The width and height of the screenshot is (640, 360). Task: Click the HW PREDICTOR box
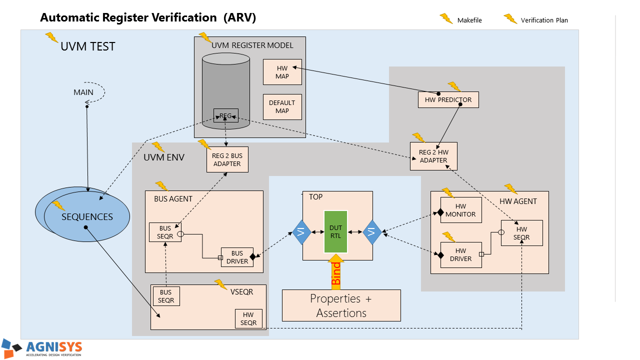448,99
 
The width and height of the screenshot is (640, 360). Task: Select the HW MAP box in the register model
282,72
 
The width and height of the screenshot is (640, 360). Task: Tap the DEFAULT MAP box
282,106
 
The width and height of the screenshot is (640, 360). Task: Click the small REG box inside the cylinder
225,115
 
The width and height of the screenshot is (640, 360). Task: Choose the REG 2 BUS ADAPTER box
227,159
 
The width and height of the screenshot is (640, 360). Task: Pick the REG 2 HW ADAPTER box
433,156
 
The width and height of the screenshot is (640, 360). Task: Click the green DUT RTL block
335,231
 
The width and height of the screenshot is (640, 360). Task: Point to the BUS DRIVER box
237,257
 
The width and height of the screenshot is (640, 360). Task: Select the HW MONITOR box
460,210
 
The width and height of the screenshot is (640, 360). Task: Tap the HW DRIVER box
460,254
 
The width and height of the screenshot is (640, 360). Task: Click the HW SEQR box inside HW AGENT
521,233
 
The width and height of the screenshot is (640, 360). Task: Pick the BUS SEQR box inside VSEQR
166,296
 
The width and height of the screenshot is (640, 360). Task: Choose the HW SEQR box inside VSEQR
248,318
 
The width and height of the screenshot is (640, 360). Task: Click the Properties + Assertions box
341,305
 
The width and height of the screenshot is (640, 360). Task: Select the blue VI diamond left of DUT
301,232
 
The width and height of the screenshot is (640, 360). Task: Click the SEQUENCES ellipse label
87,217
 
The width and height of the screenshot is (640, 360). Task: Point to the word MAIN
83,92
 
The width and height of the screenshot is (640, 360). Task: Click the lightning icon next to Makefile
446,19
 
